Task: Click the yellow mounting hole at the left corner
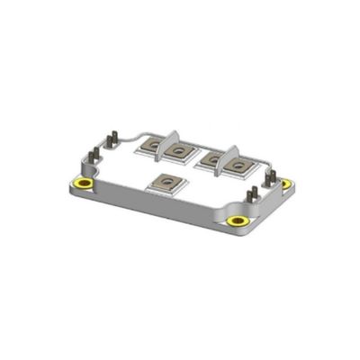click(84, 184)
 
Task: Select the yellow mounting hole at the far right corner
click(287, 183)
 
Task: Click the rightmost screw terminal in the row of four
click(239, 166)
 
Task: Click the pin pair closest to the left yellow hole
click(93, 163)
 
